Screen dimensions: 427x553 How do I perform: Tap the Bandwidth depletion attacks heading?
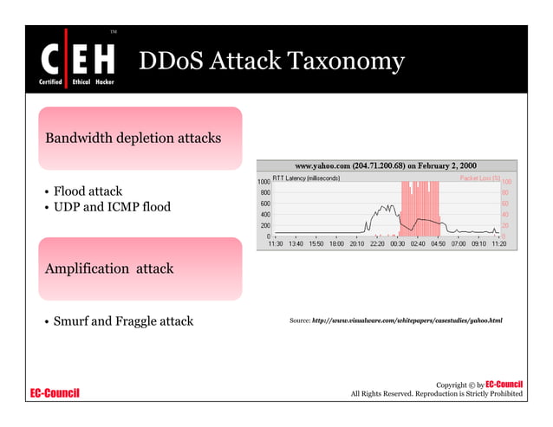coord(133,138)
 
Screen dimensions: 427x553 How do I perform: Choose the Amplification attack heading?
coord(108,268)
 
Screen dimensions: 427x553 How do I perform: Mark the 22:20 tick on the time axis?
coord(377,245)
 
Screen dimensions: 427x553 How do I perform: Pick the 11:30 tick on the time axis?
coord(276,245)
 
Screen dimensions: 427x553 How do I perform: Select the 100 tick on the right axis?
coord(507,182)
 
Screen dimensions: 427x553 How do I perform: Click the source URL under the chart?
coord(407,321)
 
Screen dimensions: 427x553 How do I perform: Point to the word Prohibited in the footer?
coord(503,395)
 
